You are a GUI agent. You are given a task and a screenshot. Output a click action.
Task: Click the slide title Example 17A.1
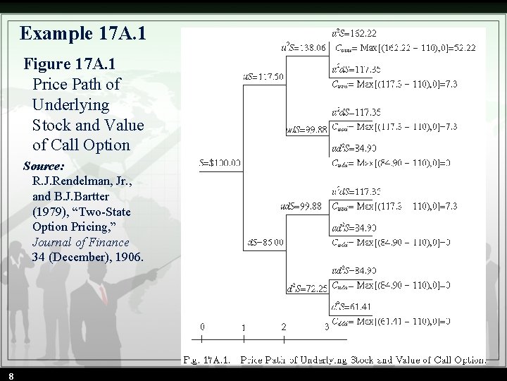pos(83,33)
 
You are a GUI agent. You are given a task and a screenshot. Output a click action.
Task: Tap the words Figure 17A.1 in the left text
pos(70,64)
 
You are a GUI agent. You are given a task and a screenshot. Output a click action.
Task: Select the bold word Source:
pos(44,167)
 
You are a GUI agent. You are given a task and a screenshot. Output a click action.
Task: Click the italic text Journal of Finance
pos(80,242)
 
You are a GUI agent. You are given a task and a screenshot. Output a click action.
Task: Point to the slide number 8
pos(11,376)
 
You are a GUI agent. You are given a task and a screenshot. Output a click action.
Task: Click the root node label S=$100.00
pos(220,163)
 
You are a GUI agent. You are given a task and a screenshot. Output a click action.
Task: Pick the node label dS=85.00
pos(265,242)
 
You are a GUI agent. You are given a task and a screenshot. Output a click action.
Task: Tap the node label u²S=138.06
pos(303,47)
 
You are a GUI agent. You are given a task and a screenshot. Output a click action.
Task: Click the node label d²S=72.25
pos(306,289)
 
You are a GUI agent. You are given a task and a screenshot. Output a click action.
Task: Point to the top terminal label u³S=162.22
pos(353,33)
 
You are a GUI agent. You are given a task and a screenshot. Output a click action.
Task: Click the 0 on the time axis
pos(203,327)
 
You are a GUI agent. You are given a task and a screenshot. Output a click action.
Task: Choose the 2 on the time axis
pos(284,327)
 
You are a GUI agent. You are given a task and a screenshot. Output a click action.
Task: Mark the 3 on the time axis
pos(326,327)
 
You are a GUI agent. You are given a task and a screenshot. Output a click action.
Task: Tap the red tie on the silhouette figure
pos(104,292)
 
